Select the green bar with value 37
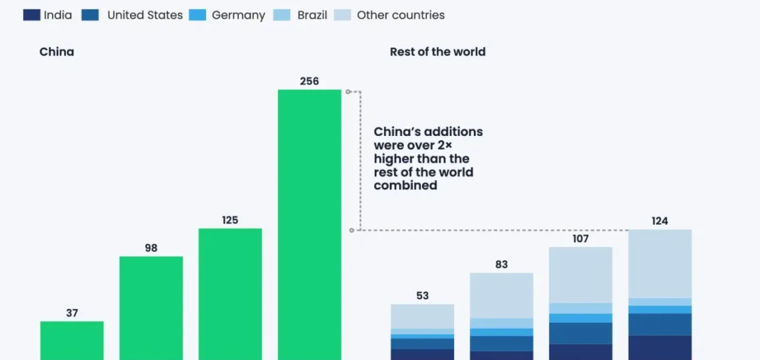coord(72,341)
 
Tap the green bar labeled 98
coord(151,308)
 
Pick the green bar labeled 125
coord(230,294)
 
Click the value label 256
coord(309,81)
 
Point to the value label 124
coord(659,221)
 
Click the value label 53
coord(422,295)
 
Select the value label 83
coord(501,264)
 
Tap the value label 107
coord(581,238)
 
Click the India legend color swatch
coord(31,15)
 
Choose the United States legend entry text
coord(145,15)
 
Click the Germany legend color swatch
coord(197,15)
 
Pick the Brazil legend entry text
coord(312,15)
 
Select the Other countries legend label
coord(401,15)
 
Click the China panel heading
coord(57,51)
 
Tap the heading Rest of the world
coord(437,51)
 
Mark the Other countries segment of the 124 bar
coord(659,263)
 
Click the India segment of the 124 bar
coord(659,347)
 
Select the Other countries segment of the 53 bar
coord(422,316)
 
